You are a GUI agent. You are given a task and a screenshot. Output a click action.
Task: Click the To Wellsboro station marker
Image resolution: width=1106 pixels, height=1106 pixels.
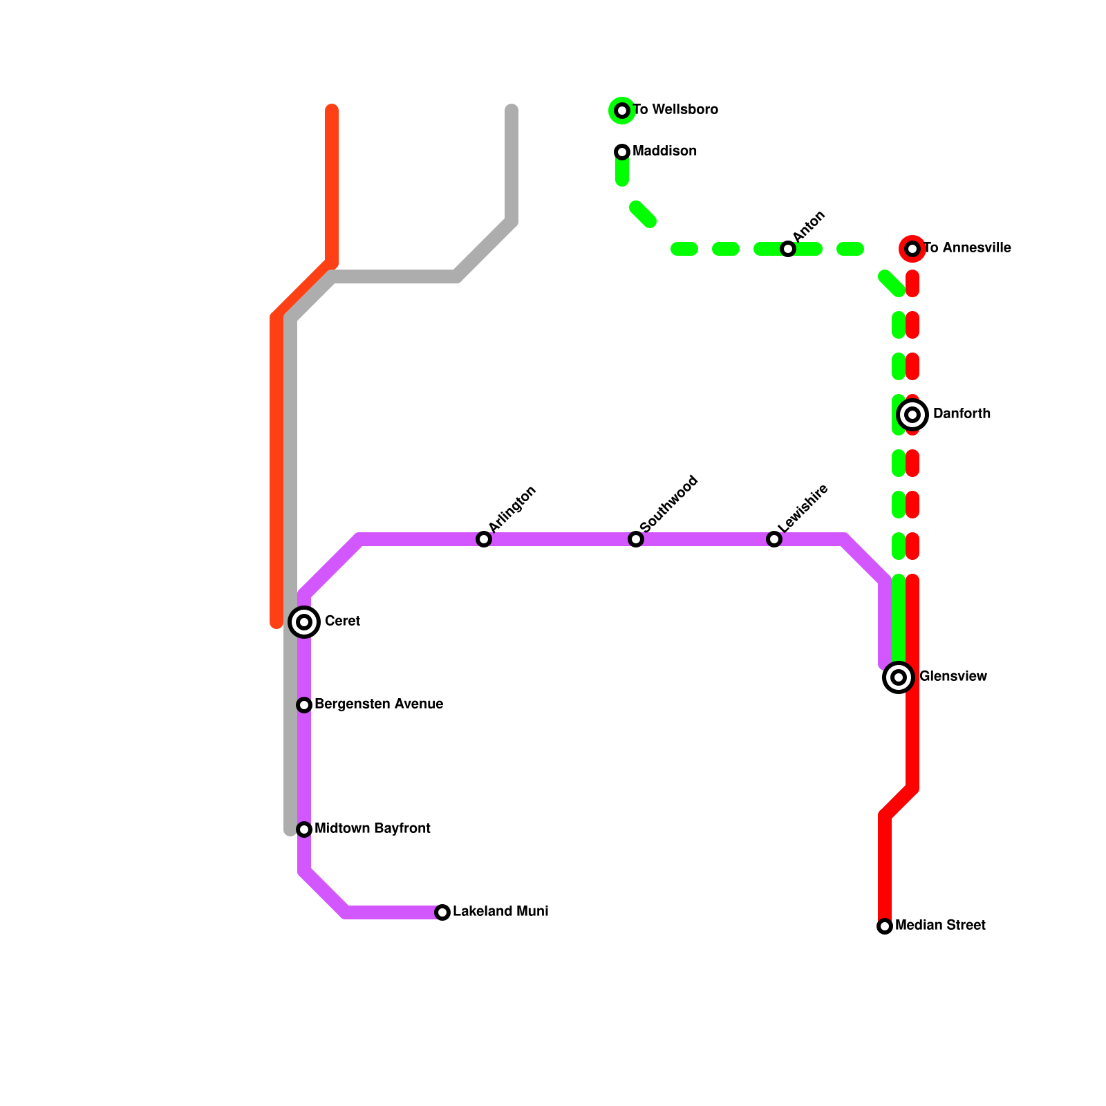pos(622,111)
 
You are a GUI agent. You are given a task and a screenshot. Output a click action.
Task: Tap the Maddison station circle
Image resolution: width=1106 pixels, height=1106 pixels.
pos(622,152)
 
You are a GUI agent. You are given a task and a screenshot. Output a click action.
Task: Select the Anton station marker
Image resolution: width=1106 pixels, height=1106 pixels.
pos(788,249)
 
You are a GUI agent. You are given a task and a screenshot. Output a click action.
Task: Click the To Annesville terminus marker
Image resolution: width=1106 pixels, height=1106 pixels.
pos(912,249)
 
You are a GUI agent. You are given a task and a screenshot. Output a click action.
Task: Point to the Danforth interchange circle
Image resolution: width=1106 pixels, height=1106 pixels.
pos(912,415)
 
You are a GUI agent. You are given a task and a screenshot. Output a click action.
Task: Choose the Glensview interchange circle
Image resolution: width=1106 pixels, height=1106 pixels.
pos(899,677)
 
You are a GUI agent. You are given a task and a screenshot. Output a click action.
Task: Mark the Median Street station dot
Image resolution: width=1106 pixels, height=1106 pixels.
pos(885,926)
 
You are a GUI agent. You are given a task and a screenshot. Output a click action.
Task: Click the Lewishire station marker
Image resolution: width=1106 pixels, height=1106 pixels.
pos(774,539)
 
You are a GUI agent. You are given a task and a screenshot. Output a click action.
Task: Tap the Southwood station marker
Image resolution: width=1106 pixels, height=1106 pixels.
pos(636,539)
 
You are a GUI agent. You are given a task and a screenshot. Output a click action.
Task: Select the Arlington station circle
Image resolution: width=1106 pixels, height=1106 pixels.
pos(484,539)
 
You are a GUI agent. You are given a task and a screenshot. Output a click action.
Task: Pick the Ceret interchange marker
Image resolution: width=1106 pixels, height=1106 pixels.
pos(304,622)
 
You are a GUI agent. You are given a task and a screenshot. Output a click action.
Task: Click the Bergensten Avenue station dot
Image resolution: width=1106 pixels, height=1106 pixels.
pos(304,705)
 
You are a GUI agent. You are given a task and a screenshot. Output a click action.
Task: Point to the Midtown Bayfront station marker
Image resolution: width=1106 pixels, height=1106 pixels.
pos(304,829)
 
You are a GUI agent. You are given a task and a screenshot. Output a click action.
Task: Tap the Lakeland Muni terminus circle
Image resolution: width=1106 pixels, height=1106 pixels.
pos(442,912)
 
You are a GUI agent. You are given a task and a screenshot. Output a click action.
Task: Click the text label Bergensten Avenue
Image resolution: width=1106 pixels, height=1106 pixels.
pos(379,704)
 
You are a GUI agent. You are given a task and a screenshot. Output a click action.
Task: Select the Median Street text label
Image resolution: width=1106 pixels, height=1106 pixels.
pos(940,926)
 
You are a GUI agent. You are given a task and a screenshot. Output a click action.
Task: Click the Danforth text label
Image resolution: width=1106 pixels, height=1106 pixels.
pos(962,414)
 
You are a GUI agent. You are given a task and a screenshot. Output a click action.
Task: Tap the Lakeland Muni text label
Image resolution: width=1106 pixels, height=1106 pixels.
pos(500,912)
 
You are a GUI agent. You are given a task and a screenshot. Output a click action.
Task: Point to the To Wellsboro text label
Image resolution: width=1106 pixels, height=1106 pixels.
pos(675,110)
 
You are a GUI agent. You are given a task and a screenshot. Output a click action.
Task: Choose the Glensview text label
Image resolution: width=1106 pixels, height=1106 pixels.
pos(953,677)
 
